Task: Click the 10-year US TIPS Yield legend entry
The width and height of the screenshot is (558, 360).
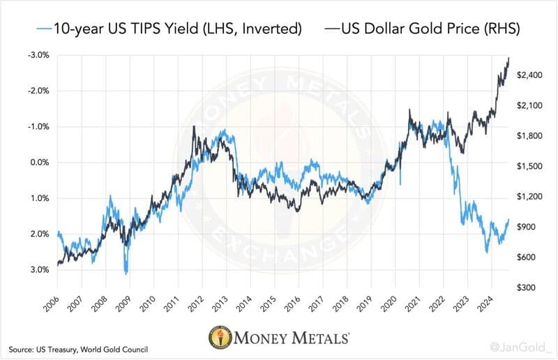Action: click(x=169, y=28)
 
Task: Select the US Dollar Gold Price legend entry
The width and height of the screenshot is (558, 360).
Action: click(x=423, y=28)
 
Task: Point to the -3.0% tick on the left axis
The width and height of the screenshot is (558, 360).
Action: click(x=39, y=55)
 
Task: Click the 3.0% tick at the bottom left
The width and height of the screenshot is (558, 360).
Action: click(x=40, y=269)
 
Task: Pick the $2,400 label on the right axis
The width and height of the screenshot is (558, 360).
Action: click(x=529, y=75)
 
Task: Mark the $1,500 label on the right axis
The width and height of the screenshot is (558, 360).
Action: click(x=529, y=166)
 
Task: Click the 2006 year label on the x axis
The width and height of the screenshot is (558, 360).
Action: click(x=51, y=303)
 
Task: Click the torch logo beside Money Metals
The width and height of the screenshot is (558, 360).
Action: click(x=220, y=336)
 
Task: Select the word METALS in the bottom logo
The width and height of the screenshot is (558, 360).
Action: click(x=320, y=338)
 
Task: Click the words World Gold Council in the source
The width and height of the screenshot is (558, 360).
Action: click(x=114, y=350)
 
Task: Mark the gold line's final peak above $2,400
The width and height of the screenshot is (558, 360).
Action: click(x=509, y=57)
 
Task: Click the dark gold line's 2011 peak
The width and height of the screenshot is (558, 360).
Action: click(x=194, y=126)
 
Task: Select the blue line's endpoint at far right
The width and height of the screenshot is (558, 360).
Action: click(x=509, y=219)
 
